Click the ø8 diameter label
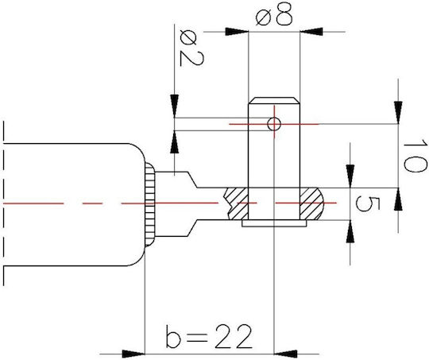pos(274,15)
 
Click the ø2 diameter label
pos(191,48)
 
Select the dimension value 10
pos(415,156)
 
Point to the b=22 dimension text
pos(208,336)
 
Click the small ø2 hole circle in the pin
pos(274,124)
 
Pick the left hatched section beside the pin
pos(236,203)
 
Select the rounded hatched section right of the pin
pos(311,203)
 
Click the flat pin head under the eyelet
pos(274,223)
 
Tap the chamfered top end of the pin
pos(274,100)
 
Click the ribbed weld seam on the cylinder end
pos(149,204)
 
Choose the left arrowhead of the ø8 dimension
pos(237,32)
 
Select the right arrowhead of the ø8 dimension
pos(311,32)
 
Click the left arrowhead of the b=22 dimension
pos(133,354)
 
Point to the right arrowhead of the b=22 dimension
pos(285,354)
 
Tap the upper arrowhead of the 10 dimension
pos(398,113)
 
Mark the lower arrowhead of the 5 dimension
pos(350,231)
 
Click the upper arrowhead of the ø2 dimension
pos(174,106)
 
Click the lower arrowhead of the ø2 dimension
pos(174,141)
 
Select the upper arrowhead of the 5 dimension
pos(350,176)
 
